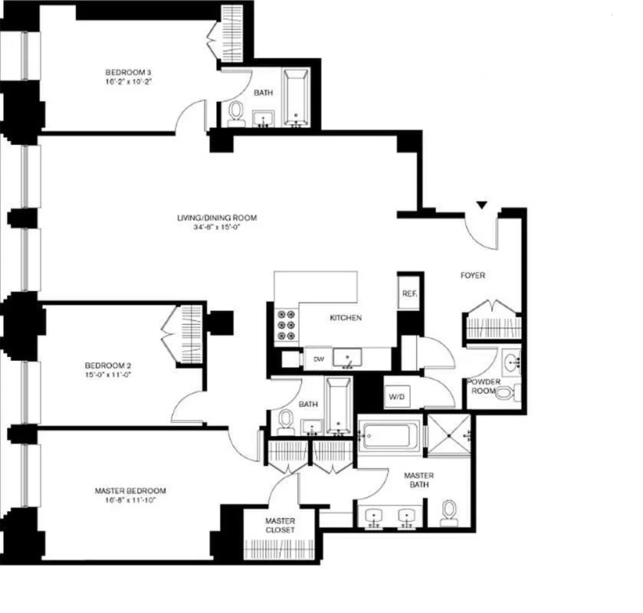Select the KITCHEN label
[x=346, y=318]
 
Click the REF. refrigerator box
[x=409, y=293]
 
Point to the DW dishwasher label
[x=318, y=357]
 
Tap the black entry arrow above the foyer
[x=481, y=205]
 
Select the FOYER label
[x=472, y=275]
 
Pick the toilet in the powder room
[x=507, y=394]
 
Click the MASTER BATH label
[x=419, y=480]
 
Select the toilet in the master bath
[x=450, y=512]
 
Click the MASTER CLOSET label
[x=280, y=526]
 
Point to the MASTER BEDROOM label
[x=130, y=491]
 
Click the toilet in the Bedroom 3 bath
[x=237, y=113]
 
